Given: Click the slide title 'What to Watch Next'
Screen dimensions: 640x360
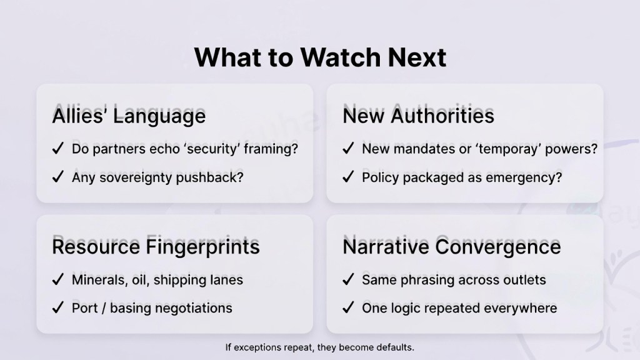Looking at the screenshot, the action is [x=320, y=57].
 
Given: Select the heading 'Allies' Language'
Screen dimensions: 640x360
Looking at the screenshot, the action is [x=129, y=116].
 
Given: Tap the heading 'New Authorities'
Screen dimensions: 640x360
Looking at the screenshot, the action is [x=418, y=116].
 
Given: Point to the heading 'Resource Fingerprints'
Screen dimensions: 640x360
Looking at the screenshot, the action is [x=156, y=246].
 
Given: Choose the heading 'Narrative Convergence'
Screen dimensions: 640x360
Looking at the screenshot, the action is [x=452, y=246].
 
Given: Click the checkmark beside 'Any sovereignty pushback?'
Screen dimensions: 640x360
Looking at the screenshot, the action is [x=58, y=177].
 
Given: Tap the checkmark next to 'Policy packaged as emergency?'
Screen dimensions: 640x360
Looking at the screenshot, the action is [x=348, y=177].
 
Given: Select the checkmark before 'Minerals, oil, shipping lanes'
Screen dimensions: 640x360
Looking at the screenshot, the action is [x=58, y=279].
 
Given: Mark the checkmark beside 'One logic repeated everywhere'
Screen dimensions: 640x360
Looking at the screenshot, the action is [x=348, y=307].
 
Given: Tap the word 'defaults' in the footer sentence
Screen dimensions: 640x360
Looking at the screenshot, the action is [x=395, y=347].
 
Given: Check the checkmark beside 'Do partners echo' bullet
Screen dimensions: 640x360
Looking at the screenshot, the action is [x=58, y=148].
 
